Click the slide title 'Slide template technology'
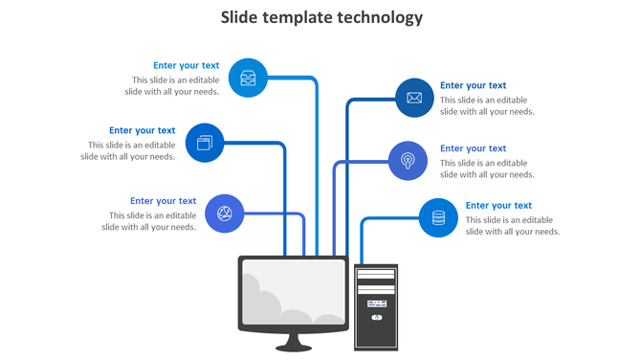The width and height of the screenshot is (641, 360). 321,17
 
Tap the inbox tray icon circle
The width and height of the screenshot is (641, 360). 248,79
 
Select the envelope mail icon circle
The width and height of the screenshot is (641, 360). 414,98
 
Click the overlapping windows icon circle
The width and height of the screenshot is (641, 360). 204,143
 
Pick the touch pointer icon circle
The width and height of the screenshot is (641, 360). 409,160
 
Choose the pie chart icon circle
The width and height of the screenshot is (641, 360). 225,213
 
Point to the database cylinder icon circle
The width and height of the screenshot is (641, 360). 438,217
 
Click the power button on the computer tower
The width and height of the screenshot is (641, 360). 376,317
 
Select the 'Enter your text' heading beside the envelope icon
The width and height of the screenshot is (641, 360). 473,86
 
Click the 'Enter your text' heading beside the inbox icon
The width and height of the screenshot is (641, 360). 186,66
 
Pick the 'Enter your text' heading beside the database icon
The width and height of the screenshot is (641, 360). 498,206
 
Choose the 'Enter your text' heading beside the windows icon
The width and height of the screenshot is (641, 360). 142,130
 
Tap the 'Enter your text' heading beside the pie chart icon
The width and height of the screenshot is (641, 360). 163,201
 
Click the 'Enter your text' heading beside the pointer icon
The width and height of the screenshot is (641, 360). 473,148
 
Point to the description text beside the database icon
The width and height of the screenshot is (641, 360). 512,226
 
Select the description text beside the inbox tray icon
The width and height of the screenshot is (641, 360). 176,86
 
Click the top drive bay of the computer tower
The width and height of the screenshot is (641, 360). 375,274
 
